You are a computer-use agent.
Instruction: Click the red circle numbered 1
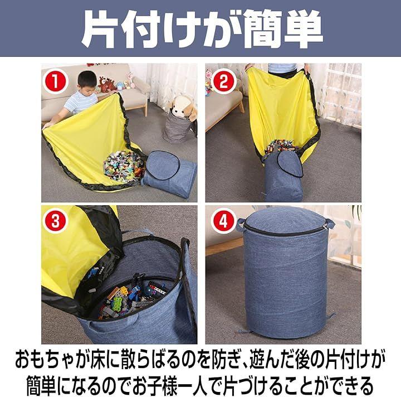(x=55, y=81)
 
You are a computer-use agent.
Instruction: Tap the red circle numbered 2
(x=224, y=82)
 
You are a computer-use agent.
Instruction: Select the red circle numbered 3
(x=56, y=221)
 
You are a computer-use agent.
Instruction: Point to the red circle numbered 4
(x=223, y=221)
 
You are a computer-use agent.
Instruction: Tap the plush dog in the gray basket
(x=183, y=108)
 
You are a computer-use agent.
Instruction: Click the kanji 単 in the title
(x=302, y=28)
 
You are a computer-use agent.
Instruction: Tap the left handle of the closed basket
(x=241, y=224)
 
